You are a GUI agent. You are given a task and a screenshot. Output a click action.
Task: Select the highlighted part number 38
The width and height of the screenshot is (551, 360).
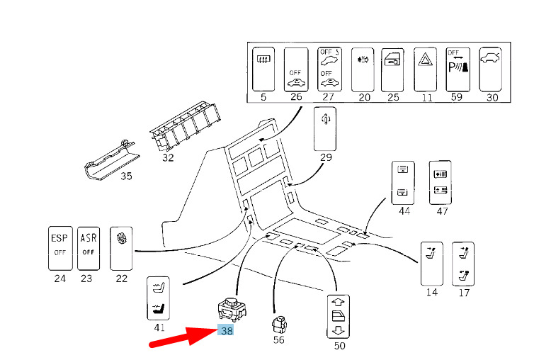click(x=227, y=330)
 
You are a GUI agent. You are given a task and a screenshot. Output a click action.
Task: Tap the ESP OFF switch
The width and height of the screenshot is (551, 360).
click(x=59, y=247)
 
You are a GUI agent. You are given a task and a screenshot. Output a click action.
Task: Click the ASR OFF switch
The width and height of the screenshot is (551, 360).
click(x=88, y=247)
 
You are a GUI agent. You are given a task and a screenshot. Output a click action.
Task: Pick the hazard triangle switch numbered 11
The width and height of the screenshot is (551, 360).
click(x=426, y=68)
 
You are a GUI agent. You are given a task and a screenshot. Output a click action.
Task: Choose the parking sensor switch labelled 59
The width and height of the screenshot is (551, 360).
click(x=458, y=68)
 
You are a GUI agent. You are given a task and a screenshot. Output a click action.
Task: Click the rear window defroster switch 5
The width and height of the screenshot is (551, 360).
click(x=263, y=68)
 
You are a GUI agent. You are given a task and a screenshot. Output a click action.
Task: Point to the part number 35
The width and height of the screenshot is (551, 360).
click(x=125, y=176)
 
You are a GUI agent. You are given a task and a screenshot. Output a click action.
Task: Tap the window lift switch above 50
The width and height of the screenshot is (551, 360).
click(x=340, y=316)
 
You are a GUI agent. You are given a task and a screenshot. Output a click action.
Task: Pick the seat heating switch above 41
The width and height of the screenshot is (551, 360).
click(x=159, y=299)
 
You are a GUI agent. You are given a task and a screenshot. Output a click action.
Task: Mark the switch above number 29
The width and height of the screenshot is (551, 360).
click(x=326, y=128)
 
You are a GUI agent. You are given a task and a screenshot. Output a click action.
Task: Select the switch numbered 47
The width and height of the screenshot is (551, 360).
click(x=442, y=181)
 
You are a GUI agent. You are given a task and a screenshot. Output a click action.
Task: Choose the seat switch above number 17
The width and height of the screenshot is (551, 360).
click(x=463, y=262)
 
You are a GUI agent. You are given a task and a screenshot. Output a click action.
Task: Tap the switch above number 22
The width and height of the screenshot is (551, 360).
click(x=121, y=247)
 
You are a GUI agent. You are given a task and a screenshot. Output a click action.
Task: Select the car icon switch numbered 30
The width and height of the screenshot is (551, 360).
click(x=492, y=68)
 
